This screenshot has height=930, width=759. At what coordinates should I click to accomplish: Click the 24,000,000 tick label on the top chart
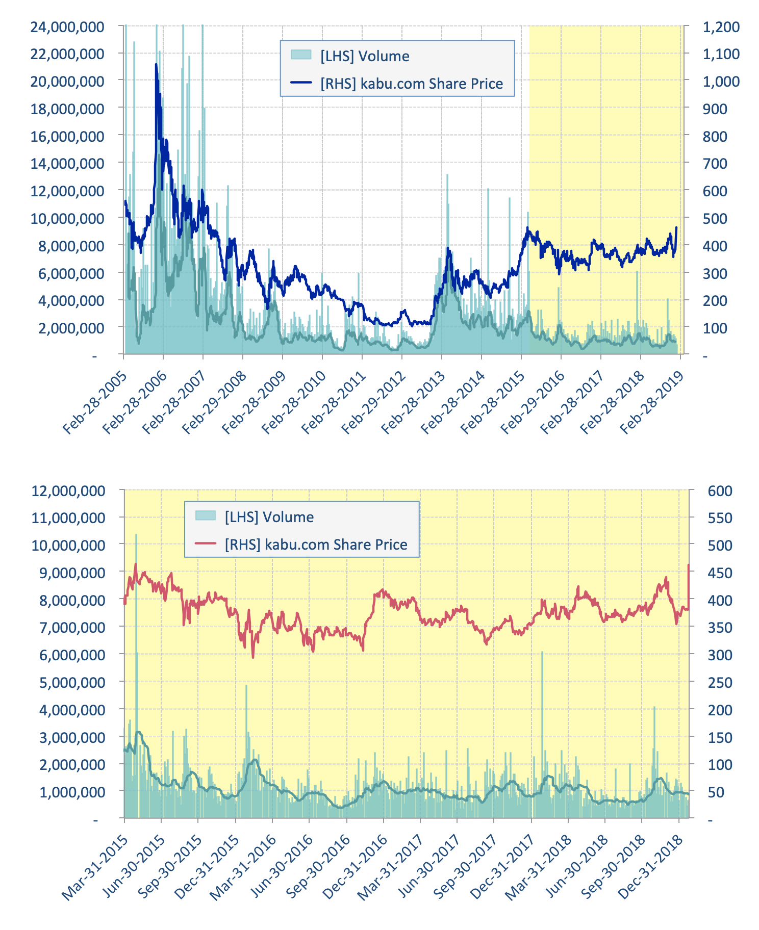coord(67,27)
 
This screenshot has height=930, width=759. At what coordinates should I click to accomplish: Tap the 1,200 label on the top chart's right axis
coord(721,27)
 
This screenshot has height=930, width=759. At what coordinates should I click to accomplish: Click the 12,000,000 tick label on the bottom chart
coord(68,491)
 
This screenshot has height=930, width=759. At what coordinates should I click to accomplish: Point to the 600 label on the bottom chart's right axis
coord(720,491)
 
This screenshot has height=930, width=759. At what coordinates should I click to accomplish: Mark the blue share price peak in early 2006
coord(156,65)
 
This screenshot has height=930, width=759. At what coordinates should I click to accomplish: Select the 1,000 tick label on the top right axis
coord(721,81)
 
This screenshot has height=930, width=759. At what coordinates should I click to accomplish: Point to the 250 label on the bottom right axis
coord(720,682)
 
